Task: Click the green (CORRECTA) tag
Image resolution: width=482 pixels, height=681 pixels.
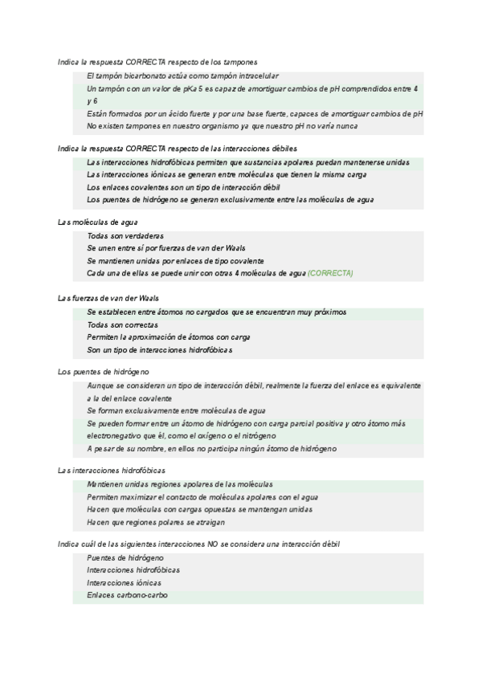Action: click(330, 274)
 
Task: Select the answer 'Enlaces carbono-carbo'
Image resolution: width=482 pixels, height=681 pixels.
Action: click(127, 595)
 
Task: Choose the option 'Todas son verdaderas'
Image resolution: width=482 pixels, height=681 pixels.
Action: click(125, 236)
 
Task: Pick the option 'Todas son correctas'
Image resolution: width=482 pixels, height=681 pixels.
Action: click(123, 324)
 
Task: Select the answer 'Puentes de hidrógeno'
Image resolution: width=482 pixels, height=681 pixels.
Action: click(125, 557)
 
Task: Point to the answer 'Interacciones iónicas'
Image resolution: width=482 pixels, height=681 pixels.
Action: click(124, 582)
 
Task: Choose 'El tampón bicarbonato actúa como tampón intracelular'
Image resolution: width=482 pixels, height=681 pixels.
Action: click(182, 75)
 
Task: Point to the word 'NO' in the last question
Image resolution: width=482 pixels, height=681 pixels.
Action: click(213, 544)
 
